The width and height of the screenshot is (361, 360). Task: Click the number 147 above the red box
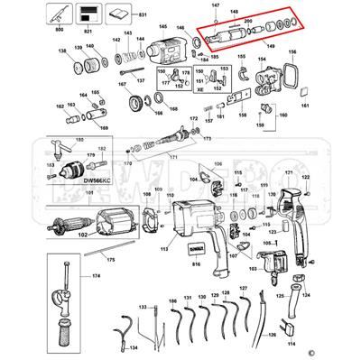point(215,6)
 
